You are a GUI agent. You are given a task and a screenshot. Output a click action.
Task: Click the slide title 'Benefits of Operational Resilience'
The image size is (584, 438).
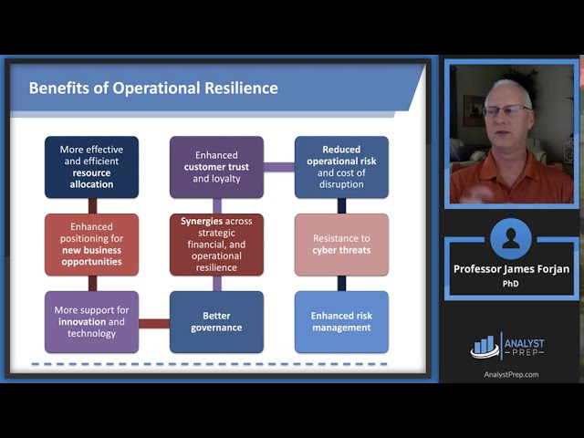pos(153,89)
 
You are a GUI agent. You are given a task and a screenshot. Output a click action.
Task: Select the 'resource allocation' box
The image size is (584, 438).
pos(91,167)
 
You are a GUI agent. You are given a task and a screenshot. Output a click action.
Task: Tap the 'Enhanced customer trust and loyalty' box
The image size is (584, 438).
pos(216,167)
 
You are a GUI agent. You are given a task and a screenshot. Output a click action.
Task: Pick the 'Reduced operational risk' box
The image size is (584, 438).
pos(341,167)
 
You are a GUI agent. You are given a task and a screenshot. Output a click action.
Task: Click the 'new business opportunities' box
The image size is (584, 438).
pos(91,245)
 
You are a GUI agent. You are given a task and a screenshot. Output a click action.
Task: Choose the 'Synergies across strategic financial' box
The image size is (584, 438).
pos(216,245)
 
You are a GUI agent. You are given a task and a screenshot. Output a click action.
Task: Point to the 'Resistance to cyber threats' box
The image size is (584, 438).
pos(341,245)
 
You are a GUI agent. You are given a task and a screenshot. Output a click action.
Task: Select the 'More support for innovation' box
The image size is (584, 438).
pos(91,322)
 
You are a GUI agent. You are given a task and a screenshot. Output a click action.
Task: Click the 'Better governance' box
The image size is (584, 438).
pos(216,322)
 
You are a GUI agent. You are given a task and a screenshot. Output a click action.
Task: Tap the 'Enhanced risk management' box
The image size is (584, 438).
pos(341,322)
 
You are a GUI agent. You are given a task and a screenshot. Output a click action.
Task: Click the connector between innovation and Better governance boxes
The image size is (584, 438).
pos(154,323)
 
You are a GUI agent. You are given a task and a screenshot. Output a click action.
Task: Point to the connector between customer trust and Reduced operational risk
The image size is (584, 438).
pos(279,167)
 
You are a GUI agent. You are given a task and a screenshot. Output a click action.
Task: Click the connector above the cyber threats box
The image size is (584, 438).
pos(341,206)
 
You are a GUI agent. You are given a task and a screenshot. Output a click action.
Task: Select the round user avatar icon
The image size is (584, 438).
pos(510,239)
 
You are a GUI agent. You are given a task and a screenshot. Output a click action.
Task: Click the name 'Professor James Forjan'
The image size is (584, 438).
pos(510,269)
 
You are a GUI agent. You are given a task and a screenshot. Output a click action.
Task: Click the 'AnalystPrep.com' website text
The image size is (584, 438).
pos(511,374)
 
